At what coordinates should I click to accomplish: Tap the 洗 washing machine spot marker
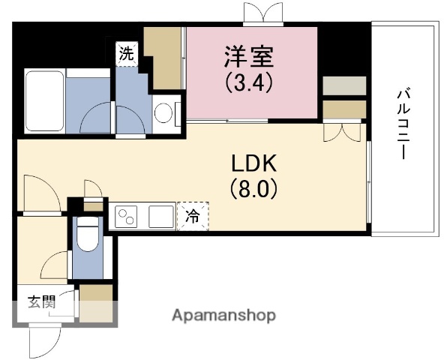click(127, 54)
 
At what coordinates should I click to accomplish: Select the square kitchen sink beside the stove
click(160, 217)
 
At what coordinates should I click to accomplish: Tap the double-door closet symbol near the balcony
click(334, 131)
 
